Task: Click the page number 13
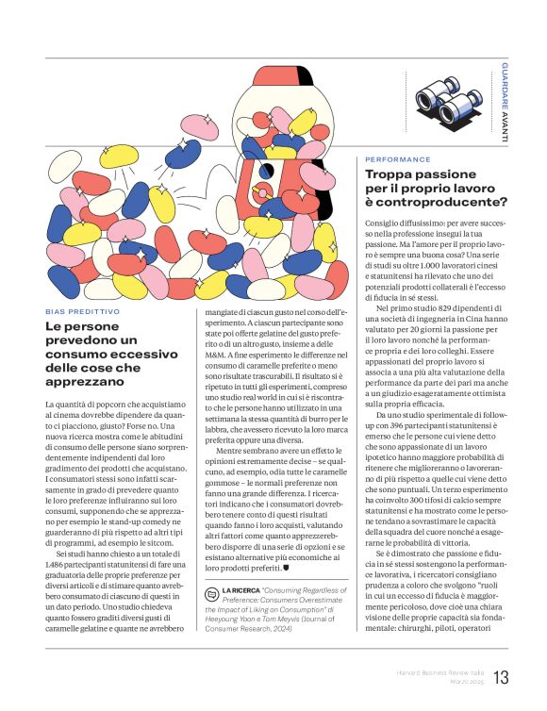click(x=501, y=677)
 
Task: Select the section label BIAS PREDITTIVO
click(x=83, y=311)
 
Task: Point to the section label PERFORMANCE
click(x=398, y=159)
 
